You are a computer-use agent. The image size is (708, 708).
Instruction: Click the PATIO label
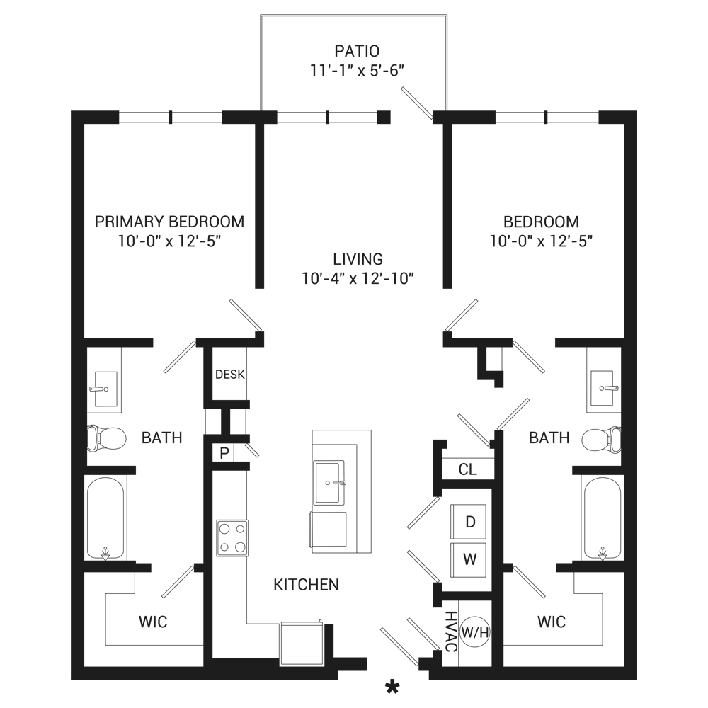click(x=357, y=51)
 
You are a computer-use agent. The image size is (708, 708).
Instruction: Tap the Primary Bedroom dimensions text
click(x=169, y=241)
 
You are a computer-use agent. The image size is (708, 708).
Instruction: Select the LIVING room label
click(x=358, y=259)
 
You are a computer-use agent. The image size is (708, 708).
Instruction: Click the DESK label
click(x=230, y=375)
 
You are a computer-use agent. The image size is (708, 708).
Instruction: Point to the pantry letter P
click(x=224, y=453)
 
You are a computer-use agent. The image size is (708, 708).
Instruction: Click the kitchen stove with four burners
click(x=232, y=538)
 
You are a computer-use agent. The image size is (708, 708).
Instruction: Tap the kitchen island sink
click(x=329, y=482)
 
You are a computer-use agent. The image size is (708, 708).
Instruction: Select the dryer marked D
click(x=469, y=522)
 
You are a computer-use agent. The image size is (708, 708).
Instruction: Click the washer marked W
click(x=469, y=560)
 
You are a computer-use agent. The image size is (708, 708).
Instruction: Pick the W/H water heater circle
click(x=474, y=632)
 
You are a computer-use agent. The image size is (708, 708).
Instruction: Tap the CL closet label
click(x=467, y=469)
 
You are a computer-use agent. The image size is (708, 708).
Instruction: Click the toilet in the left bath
click(x=107, y=438)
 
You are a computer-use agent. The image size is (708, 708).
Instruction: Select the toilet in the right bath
click(x=601, y=439)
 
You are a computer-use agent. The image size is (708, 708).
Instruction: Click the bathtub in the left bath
click(x=105, y=518)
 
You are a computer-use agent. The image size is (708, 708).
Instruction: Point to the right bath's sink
click(x=603, y=389)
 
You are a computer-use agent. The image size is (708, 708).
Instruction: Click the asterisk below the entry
click(x=392, y=687)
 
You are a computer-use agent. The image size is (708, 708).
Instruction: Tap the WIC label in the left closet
click(x=153, y=622)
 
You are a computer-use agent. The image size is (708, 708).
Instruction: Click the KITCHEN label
click(x=306, y=585)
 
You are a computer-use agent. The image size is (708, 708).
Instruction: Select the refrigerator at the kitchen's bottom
click(x=301, y=644)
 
